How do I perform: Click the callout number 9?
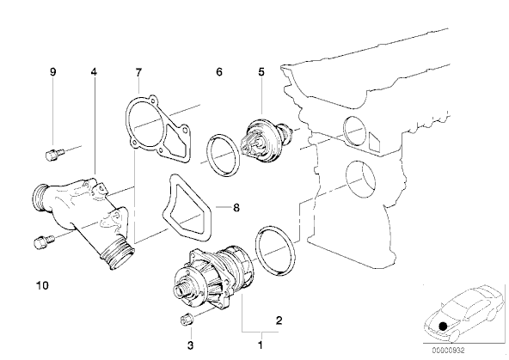point(52,72)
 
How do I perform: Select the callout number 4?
point(94,72)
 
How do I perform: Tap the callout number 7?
point(137,72)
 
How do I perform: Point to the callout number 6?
point(218,72)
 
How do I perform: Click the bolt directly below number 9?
point(52,155)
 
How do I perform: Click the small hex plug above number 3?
point(184,320)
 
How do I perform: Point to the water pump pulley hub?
point(184,284)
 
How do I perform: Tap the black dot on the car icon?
point(443,326)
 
